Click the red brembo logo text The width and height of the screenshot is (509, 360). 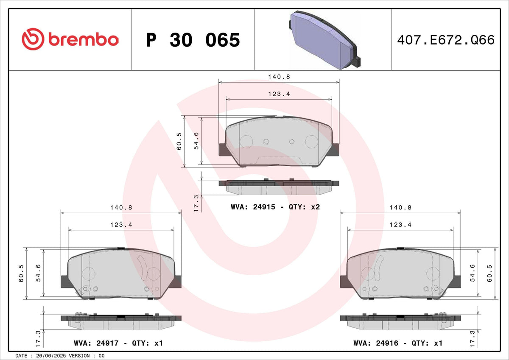84,39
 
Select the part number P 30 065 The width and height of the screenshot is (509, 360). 193,40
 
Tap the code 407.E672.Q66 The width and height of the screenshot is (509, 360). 446,40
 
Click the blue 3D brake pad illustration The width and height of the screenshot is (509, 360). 325,40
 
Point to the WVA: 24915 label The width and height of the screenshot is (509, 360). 253,207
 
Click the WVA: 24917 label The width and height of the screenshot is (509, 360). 96,343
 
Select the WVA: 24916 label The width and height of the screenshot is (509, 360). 376,343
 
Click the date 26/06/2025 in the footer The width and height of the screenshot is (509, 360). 51,356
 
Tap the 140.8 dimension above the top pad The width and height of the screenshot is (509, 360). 279,77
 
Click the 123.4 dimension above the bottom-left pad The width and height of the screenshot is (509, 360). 121,225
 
